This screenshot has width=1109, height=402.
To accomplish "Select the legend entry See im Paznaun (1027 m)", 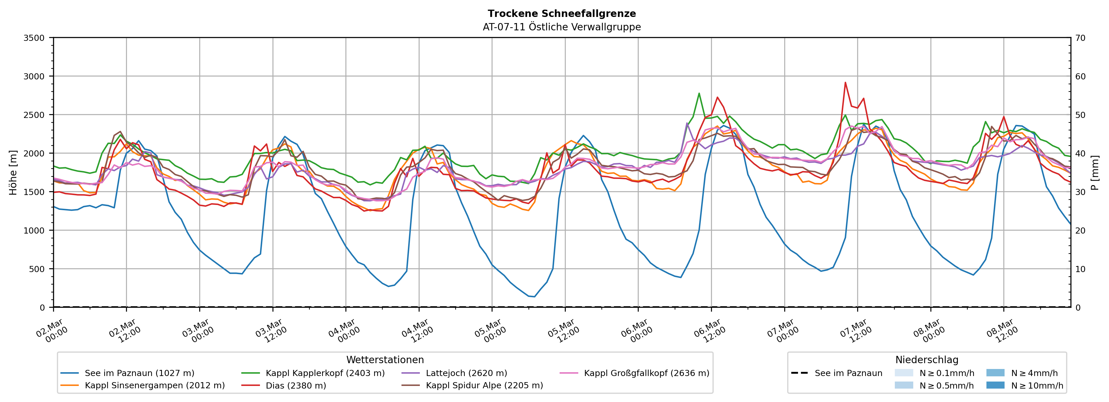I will point(139,373).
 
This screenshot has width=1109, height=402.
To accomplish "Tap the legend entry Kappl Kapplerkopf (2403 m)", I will point(325,373).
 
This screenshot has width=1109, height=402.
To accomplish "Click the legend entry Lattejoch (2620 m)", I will point(466,373).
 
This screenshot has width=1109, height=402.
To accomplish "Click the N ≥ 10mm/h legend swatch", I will point(995,385).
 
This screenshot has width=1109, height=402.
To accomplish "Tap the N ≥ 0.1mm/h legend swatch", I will point(904,373).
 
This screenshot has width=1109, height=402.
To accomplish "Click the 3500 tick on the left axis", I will point(34,38).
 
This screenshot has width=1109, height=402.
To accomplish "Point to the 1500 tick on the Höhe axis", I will point(34,192).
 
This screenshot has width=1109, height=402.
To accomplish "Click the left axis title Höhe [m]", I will point(13,172).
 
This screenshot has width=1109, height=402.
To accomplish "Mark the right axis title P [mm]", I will point(1095,172).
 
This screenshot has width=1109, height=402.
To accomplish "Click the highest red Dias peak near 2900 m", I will point(845,82).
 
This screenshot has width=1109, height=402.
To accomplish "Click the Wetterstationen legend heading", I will point(385,360).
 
